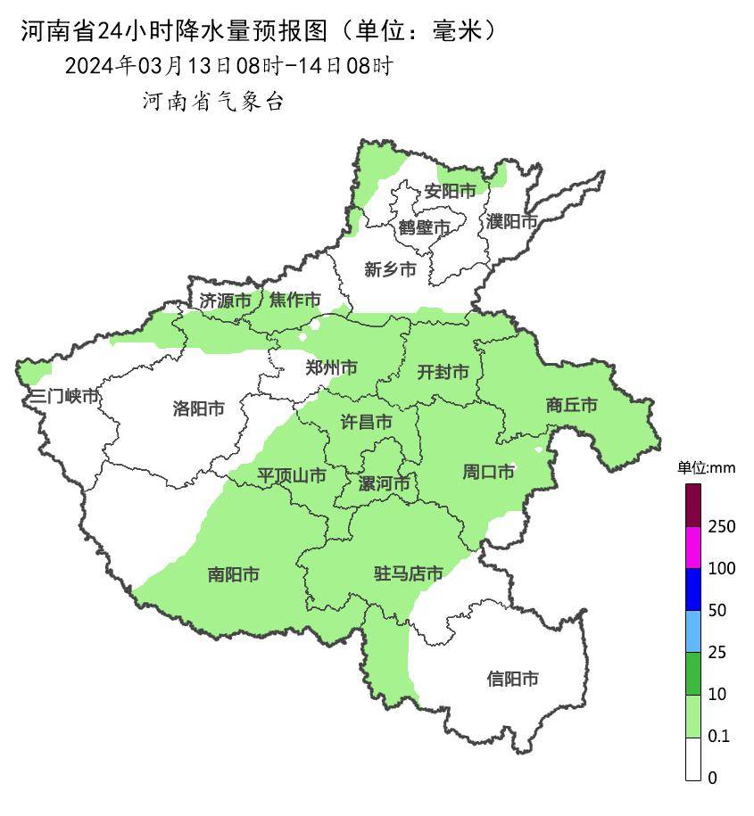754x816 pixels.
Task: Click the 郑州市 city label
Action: point(331,367)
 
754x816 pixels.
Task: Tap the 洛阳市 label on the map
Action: point(198,409)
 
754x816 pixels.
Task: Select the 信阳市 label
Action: point(512,680)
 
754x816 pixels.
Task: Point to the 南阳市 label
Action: point(234,575)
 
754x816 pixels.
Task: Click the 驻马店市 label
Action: point(408,574)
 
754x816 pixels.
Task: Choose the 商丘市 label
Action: point(571,406)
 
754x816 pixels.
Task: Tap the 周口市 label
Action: point(488,472)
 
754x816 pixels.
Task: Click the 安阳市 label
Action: point(450,191)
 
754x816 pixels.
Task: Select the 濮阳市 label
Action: point(511,221)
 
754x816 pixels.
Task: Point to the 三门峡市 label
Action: point(63,397)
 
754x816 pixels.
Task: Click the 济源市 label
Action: point(225,301)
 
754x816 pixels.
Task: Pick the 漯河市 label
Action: point(384,484)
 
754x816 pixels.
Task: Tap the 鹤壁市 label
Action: point(425,227)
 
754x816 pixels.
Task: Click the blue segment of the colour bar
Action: point(693,589)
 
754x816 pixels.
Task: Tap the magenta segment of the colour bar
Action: point(693,548)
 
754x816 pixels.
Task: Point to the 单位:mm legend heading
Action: point(705,468)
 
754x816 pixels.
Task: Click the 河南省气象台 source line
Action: point(213,102)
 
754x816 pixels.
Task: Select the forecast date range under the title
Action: point(228,66)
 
